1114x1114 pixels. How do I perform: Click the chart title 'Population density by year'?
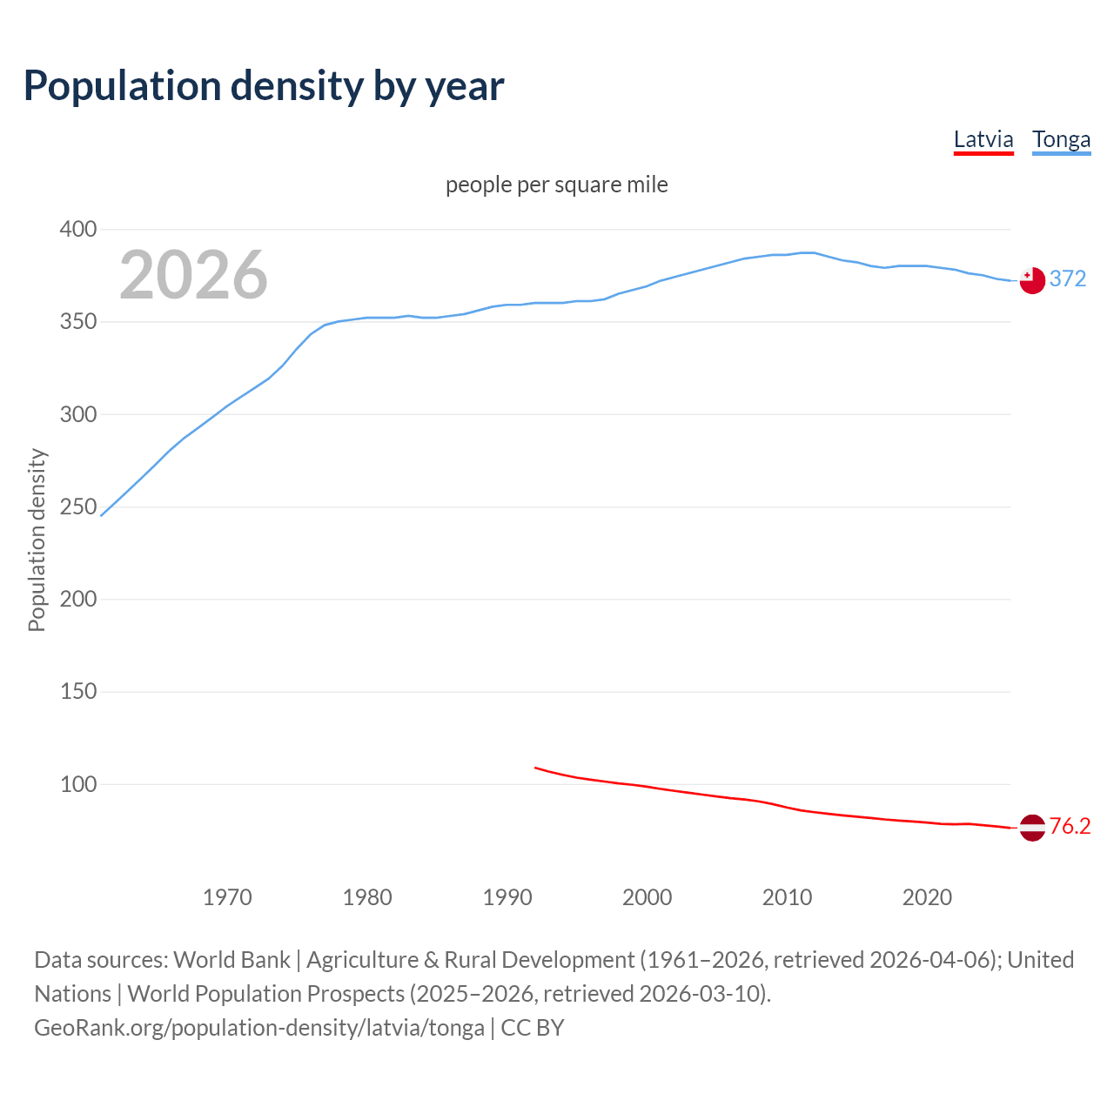tap(264, 86)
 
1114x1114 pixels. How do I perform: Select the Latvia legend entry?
tap(983, 139)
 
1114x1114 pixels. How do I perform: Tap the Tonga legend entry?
tap(1061, 139)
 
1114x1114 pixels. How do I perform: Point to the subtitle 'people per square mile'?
tap(557, 185)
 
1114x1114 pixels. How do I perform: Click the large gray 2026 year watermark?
tap(193, 275)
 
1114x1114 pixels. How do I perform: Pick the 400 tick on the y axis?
tap(77, 230)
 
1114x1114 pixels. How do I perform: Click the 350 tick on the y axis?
tap(77, 322)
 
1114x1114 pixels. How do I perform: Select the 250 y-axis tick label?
tap(77, 507)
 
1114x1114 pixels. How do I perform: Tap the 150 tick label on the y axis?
tap(77, 692)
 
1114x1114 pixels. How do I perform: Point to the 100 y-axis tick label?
tap(77, 784)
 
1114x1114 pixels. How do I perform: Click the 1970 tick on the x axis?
tap(227, 897)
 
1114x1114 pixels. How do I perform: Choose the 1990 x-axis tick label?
tap(507, 897)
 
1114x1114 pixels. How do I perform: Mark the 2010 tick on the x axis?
tap(787, 897)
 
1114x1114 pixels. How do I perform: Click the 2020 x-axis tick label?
tap(927, 897)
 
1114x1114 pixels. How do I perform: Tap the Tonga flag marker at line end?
tap(1032, 280)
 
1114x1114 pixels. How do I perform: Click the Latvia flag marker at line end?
tap(1032, 828)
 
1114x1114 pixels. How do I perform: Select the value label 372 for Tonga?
tap(1068, 278)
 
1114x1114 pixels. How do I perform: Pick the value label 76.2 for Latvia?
tap(1070, 826)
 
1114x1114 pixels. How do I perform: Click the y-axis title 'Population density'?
tap(37, 540)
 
